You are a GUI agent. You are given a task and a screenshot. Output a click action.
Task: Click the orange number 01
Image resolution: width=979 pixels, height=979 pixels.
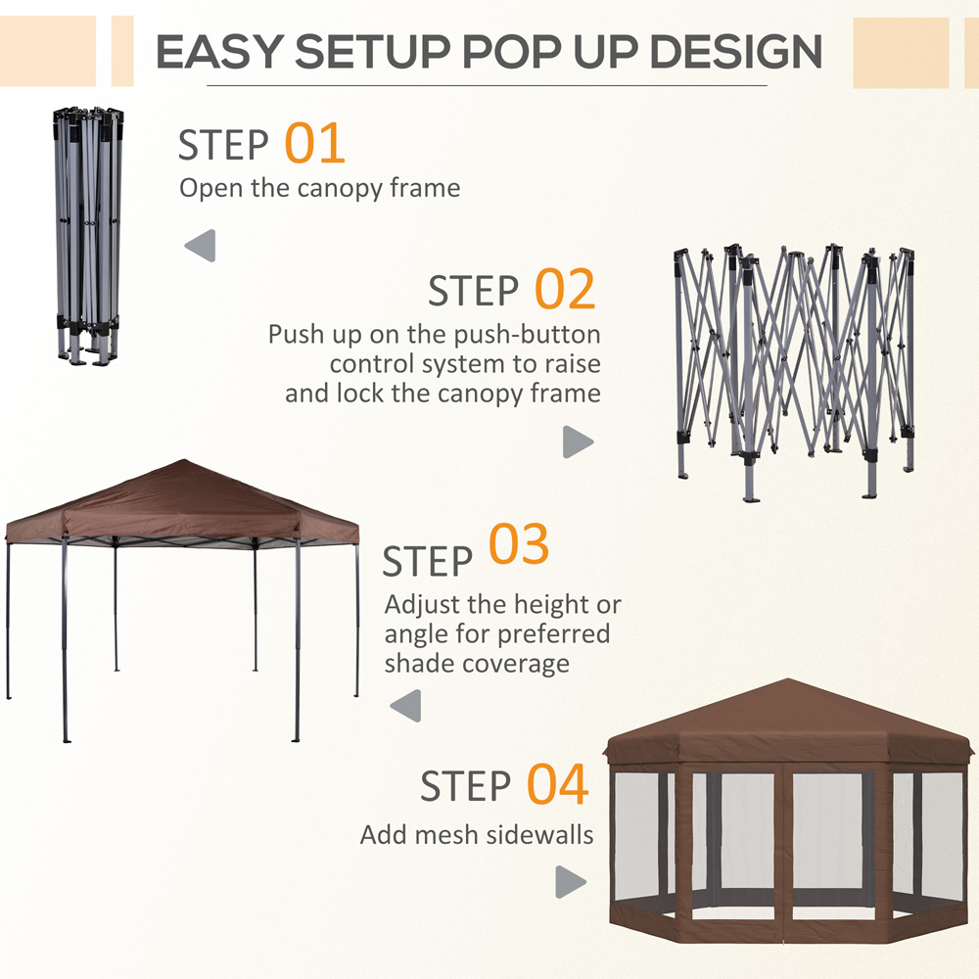(315, 143)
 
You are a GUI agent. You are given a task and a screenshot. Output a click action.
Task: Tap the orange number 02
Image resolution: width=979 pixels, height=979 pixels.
(565, 290)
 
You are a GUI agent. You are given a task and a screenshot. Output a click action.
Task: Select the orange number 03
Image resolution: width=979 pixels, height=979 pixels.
(519, 546)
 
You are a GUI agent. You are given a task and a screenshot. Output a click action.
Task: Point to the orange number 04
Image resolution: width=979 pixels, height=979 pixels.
(558, 785)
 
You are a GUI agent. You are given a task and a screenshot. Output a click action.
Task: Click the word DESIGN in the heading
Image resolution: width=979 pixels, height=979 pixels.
(729, 51)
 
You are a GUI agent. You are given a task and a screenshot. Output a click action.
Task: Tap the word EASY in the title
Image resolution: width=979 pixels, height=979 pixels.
(224, 51)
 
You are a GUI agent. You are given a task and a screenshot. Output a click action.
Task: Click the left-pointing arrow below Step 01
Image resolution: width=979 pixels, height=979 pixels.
(200, 246)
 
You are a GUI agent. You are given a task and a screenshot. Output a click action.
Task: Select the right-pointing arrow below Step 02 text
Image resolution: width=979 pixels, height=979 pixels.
(578, 443)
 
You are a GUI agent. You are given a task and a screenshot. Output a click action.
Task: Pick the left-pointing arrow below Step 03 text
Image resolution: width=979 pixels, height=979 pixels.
(405, 706)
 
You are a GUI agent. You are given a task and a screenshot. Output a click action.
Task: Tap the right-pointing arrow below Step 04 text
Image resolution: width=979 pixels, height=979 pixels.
(570, 881)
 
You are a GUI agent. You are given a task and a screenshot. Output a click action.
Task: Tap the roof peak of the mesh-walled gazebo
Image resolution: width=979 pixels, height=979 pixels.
(789, 685)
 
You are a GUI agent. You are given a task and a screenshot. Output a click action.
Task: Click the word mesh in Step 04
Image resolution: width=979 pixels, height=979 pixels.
(446, 835)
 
